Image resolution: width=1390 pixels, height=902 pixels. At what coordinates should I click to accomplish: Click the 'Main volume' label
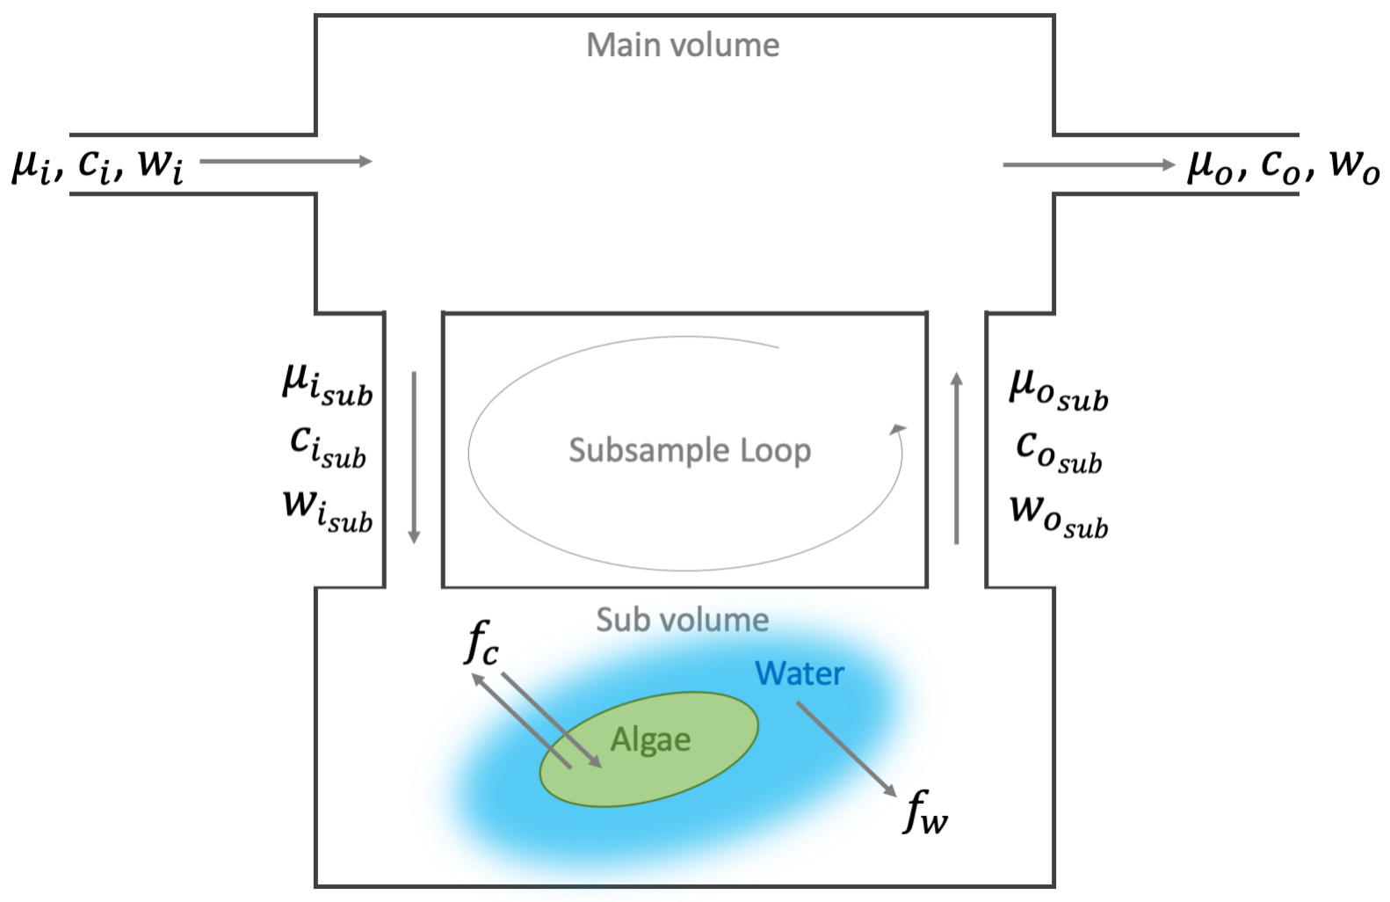(x=683, y=45)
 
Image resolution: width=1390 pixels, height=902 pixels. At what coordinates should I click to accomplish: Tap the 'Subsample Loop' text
(x=690, y=450)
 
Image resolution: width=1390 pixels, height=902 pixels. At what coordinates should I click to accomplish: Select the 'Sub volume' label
(x=683, y=620)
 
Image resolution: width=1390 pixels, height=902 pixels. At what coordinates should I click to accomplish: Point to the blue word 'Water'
(x=800, y=673)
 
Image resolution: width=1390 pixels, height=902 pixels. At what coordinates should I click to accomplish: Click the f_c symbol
(x=481, y=642)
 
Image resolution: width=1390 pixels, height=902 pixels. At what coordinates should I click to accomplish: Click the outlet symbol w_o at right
(x=1354, y=164)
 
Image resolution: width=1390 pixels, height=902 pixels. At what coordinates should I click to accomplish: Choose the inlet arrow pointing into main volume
(x=286, y=161)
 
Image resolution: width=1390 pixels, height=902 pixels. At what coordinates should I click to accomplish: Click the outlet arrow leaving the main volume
(x=1089, y=164)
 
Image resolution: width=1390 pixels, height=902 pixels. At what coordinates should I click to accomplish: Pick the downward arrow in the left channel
(x=415, y=457)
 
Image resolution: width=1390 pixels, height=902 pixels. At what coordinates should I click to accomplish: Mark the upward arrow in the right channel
(x=957, y=457)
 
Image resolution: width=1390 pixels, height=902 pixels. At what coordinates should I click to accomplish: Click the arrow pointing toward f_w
(x=846, y=749)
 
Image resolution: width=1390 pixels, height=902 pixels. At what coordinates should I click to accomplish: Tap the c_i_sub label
(x=327, y=446)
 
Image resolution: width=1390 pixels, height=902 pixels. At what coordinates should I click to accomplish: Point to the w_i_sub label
(x=327, y=510)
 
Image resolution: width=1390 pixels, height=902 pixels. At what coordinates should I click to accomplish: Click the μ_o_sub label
(x=1058, y=389)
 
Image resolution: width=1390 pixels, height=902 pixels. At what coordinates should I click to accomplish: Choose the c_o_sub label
(x=1058, y=451)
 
